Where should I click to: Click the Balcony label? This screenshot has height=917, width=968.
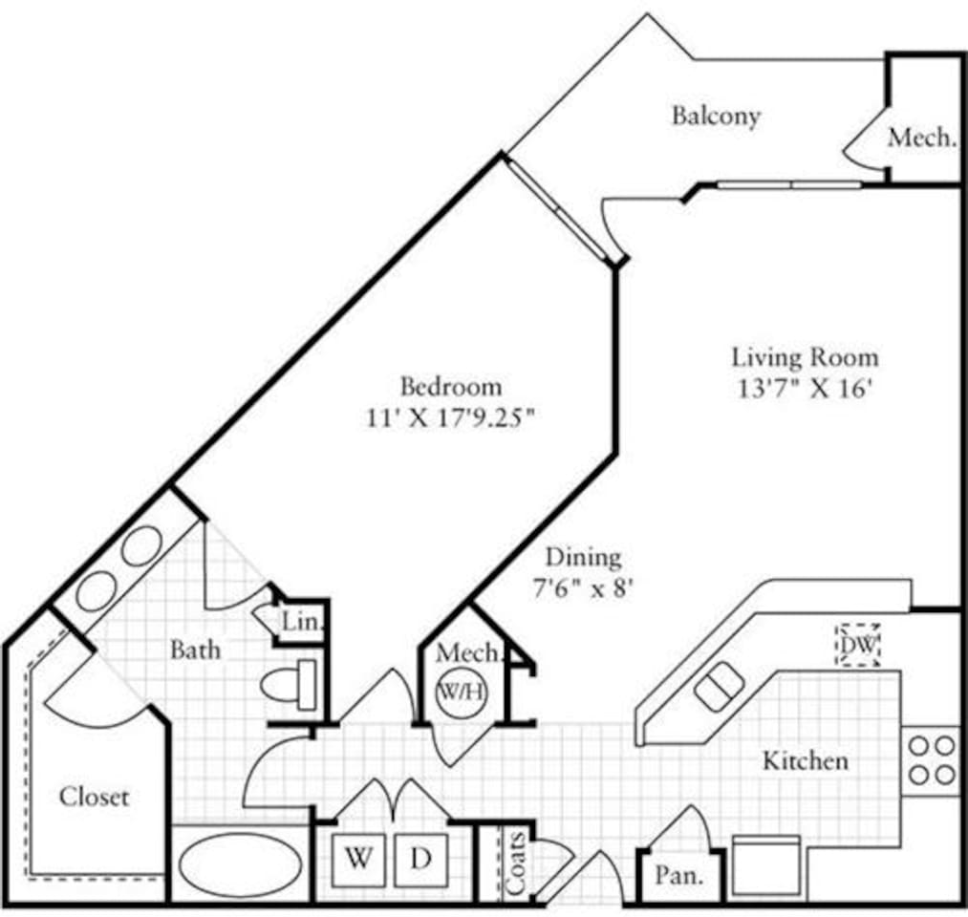click(716, 116)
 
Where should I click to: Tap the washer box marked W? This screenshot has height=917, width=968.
click(358, 858)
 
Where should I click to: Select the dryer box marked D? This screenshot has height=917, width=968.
click(420, 858)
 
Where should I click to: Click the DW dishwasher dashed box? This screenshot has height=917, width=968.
click(857, 645)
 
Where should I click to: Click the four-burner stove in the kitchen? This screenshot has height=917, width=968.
click(931, 758)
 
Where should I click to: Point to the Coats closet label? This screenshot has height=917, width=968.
click(514, 864)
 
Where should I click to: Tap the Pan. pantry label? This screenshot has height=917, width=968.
click(680, 874)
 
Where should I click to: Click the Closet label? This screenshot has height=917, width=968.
click(94, 796)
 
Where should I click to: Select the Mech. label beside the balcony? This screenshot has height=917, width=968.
click(921, 137)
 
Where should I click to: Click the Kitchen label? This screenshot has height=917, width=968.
click(805, 760)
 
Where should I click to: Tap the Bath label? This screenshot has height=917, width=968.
click(195, 650)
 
